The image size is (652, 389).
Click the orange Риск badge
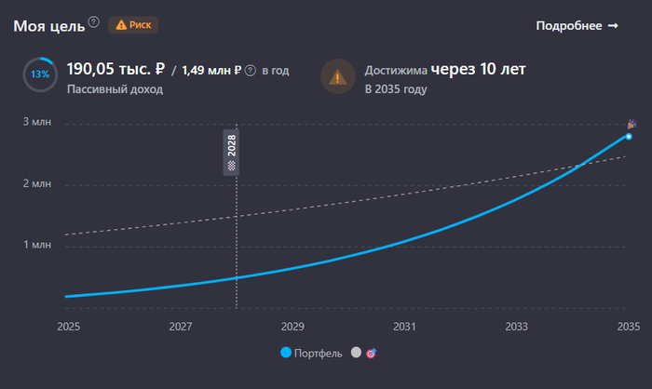point(132,25)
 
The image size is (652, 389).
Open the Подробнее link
point(577,25)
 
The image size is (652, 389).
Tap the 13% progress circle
point(41,74)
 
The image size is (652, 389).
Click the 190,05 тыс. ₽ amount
point(115,69)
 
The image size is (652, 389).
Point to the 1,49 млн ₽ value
point(211,70)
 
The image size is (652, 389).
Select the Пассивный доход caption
point(115,89)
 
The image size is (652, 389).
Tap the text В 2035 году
point(396,89)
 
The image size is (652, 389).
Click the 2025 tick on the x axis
point(68,327)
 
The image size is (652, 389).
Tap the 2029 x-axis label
point(292,327)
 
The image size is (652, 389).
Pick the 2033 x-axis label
point(516,327)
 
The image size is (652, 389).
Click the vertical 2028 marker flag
point(232,151)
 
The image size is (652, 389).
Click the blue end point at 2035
point(629,137)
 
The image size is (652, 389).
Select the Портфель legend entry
point(312,354)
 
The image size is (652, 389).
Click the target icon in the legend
point(371,354)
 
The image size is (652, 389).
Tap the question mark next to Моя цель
point(93,21)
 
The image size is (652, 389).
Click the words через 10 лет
point(478,69)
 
